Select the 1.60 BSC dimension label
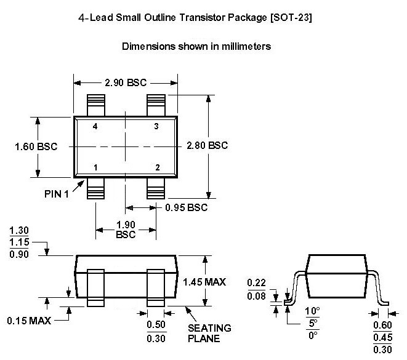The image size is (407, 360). pyautogui.click(x=35, y=146)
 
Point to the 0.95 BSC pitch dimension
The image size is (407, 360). pyautogui.click(x=186, y=207)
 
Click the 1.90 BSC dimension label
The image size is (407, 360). pyautogui.click(x=125, y=230)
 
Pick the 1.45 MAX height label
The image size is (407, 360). pyautogui.click(x=204, y=282)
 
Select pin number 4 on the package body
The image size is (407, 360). pyautogui.click(x=95, y=126)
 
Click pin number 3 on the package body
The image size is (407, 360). pyautogui.click(x=156, y=126)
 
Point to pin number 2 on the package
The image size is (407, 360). pyautogui.click(x=157, y=167)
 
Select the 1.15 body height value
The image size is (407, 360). pyautogui.click(x=18, y=244)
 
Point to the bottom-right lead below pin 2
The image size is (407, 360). pyautogui.click(x=156, y=188)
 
